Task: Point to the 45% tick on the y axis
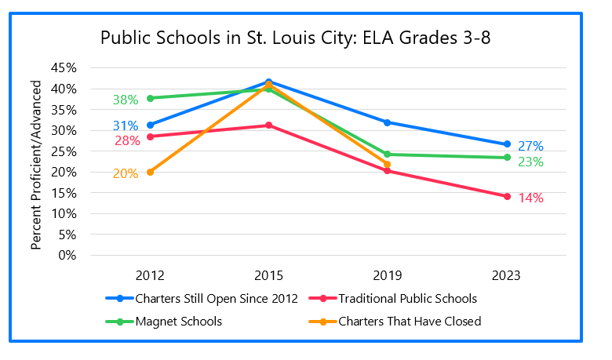pos(64,68)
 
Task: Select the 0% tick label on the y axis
pos(67,255)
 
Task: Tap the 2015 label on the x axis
pos(268,275)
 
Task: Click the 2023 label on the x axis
pos(507,275)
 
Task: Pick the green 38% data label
pos(125,100)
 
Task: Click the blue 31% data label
pos(125,125)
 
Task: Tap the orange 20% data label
pos(125,173)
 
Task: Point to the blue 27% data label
pos(530,146)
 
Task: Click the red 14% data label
pos(530,198)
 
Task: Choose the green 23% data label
pos(530,162)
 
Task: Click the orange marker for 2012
pos(150,172)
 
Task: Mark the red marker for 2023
pos(507,196)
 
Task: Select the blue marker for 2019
pos(388,122)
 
